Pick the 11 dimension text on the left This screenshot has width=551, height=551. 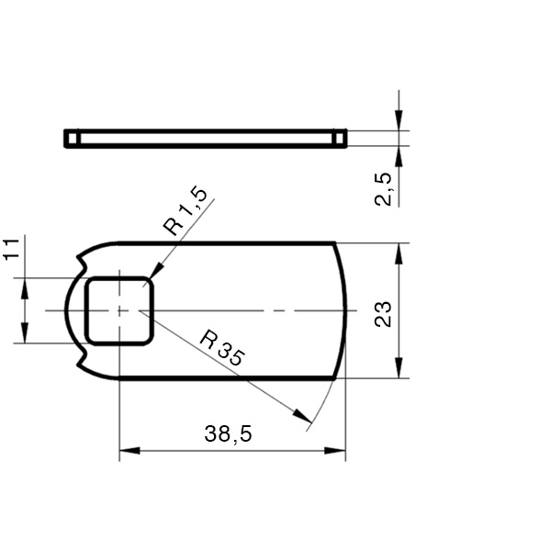10,250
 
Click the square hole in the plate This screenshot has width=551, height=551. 119,310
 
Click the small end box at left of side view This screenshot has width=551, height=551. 72,138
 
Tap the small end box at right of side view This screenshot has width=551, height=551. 340,138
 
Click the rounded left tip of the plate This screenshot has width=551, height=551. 65,310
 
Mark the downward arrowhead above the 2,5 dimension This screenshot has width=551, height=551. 399,120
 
